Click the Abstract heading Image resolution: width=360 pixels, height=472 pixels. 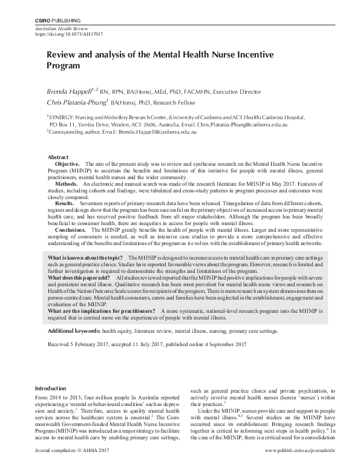tap(58, 157)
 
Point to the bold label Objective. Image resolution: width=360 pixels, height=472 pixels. tap(67, 164)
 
